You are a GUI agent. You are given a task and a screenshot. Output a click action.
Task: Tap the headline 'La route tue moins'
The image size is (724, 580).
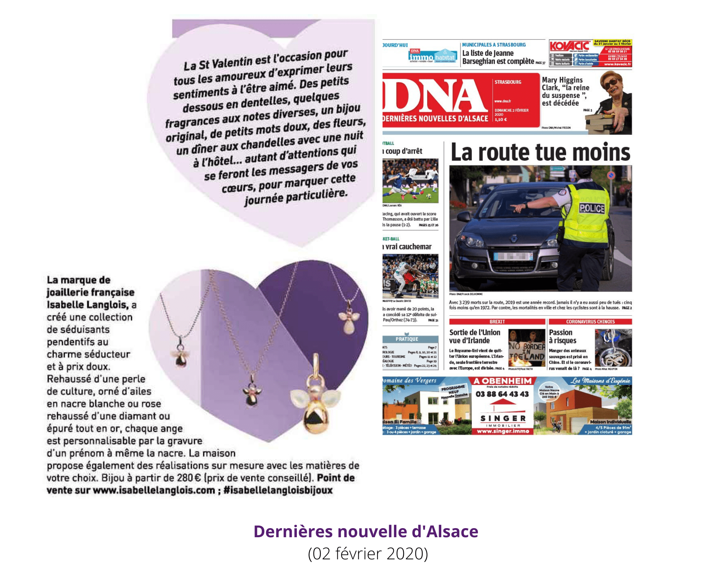[x=540, y=152]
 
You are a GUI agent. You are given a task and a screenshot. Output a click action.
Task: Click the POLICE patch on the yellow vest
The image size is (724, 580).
[x=592, y=208]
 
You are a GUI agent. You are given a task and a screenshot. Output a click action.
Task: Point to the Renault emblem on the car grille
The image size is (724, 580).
[x=513, y=239]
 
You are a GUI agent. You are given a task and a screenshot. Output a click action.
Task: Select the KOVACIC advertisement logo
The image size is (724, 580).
[x=569, y=46]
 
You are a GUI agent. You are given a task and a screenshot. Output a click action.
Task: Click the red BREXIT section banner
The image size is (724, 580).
[x=497, y=322]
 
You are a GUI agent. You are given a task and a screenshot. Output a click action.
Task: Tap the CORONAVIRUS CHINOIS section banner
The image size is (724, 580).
[x=590, y=322]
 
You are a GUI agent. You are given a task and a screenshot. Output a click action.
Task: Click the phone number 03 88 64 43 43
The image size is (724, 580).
[x=502, y=394]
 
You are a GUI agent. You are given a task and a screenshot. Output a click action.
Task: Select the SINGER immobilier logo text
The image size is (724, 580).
[x=503, y=418]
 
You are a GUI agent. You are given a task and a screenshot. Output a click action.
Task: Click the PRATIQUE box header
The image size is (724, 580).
[x=407, y=339]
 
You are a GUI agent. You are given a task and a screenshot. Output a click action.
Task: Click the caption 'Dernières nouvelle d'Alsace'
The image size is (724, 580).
[x=366, y=531]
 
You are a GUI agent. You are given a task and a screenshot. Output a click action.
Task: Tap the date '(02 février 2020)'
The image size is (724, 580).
[x=368, y=554]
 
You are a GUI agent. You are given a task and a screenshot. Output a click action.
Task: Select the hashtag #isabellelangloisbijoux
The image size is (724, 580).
[x=278, y=490]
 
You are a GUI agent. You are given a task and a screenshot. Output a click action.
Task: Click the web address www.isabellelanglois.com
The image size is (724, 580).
[x=154, y=490]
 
